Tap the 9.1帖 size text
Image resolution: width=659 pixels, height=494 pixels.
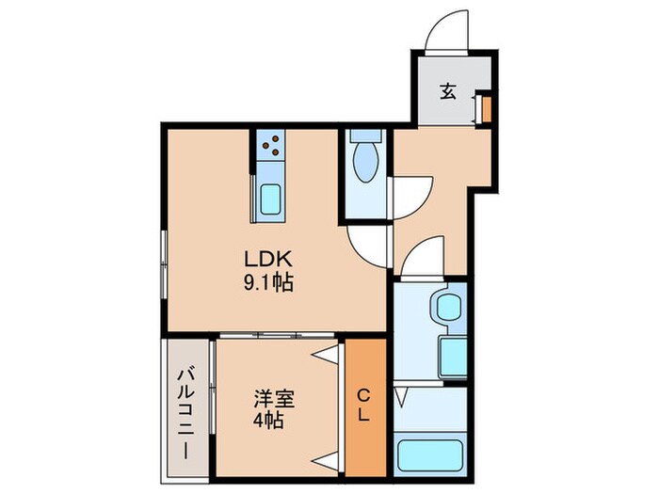click(x=271, y=281)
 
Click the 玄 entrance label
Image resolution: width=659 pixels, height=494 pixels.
click(x=449, y=93)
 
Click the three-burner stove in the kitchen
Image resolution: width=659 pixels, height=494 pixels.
click(x=270, y=145)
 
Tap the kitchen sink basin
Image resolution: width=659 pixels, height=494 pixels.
click(x=269, y=200)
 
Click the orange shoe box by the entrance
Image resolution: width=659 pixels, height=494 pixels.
click(x=486, y=108)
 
